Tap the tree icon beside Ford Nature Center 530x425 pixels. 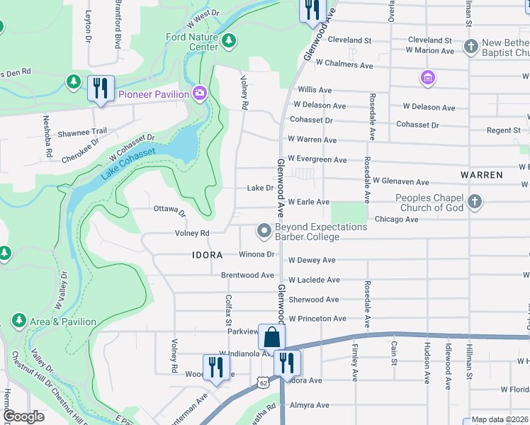click(x=228, y=42)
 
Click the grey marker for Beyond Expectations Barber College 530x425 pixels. click(x=264, y=231)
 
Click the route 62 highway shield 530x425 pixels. click(x=264, y=383)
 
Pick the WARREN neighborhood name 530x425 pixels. click(x=481, y=174)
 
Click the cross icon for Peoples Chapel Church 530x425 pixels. click(x=474, y=202)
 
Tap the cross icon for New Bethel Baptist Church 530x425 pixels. click(x=470, y=47)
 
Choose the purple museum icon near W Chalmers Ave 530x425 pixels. click(x=427, y=77)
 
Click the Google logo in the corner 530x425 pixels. click(x=24, y=416)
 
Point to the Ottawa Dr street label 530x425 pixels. click(x=169, y=210)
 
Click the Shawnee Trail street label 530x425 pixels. click(x=82, y=131)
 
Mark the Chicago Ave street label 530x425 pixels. click(x=396, y=220)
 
